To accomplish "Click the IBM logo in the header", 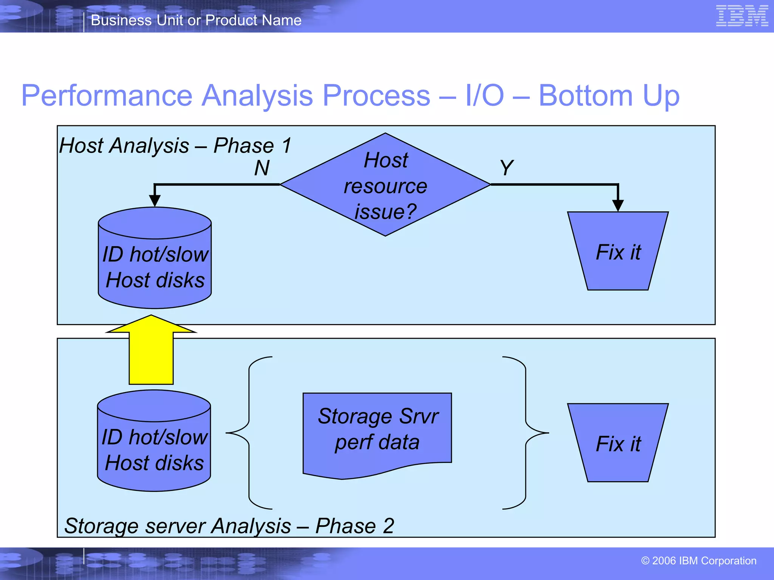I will [x=741, y=16].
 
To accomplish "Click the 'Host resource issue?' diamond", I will [x=385, y=185].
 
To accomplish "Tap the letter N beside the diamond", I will [x=262, y=168].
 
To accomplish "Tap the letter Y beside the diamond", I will [x=506, y=168].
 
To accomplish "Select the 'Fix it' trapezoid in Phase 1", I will [x=618, y=251].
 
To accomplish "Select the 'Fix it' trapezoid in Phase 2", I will [x=618, y=443].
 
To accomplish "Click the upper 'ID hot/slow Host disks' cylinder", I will [x=155, y=264].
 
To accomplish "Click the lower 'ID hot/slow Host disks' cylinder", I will [x=154, y=447].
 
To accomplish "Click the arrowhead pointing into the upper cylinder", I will [x=155, y=200].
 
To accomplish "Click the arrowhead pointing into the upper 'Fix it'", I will [x=618, y=205].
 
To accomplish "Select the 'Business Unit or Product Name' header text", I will [x=196, y=20].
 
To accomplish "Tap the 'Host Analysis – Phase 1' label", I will [x=175, y=146].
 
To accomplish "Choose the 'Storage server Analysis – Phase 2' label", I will [x=229, y=526].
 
